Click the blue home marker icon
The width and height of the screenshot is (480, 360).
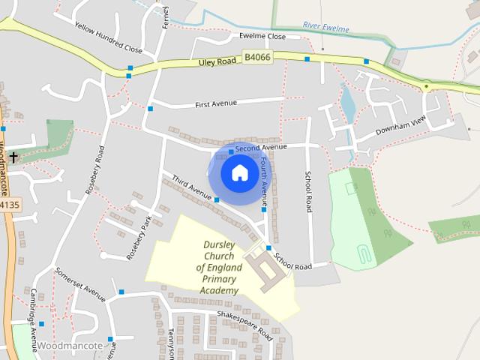pos(239,173)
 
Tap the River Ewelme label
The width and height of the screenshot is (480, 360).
pos(326,26)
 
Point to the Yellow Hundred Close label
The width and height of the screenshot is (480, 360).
pos(108,37)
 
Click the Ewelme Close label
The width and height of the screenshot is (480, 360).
pos(262,36)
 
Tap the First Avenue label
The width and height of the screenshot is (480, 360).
pos(215,103)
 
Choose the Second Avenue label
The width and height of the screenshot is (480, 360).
pos(261,148)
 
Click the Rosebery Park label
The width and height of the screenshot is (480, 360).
pos(139,238)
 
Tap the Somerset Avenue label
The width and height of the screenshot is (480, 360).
pos(80,283)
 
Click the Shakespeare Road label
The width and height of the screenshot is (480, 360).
pos(244,325)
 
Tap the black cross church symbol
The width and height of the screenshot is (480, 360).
pos(13,157)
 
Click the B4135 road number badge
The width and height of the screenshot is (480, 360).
pos(10,204)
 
